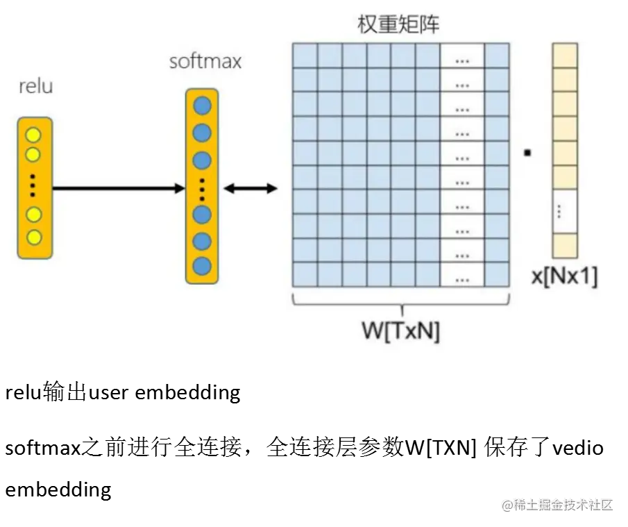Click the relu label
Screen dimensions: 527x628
pyautogui.click(x=35, y=87)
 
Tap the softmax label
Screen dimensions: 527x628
pyautogui.click(x=205, y=61)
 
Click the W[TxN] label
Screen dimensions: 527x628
pyautogui.click(x=401, y=331)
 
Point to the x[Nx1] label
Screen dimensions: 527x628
pyautogui.click(x=564, y=276)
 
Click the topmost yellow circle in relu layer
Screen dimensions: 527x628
pyautogui.click(x=34, y=135)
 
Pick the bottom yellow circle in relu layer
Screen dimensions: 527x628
pyautogui.click(x=34, y=237)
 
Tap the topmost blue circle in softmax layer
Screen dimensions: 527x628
pyautogui.click(x=202, y=106)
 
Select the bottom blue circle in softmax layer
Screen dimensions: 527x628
pyautogui.click(x=202, y=265)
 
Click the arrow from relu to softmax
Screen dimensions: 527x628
pyautogui.click(x=118, y=187)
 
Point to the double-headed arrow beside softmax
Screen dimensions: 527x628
pyautogui.click(x=251, y=188)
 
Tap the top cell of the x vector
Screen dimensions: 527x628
pyautogui.click(x=565, y=56)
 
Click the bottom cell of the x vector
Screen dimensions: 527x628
pyautogui.click(x=565, y=245)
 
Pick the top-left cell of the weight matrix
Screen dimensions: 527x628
pyautogui.click(x=305, y=56)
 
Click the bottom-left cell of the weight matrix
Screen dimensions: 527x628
pyautogui.click(x=305, y=274)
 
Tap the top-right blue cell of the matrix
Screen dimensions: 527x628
pyautogui.click(x=497, y=56)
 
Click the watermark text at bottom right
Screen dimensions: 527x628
pyautogui.click(x=558, y=504)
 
